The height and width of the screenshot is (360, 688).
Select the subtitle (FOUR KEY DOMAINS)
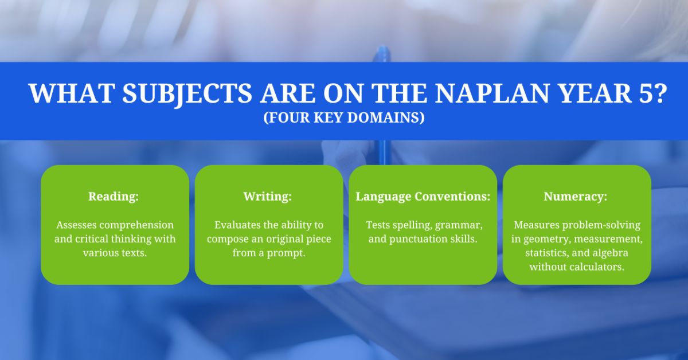343,118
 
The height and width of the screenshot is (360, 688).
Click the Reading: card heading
114,197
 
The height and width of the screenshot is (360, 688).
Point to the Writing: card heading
268,197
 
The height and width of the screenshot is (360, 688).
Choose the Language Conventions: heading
423,197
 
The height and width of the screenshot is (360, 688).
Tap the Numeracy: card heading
576,197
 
